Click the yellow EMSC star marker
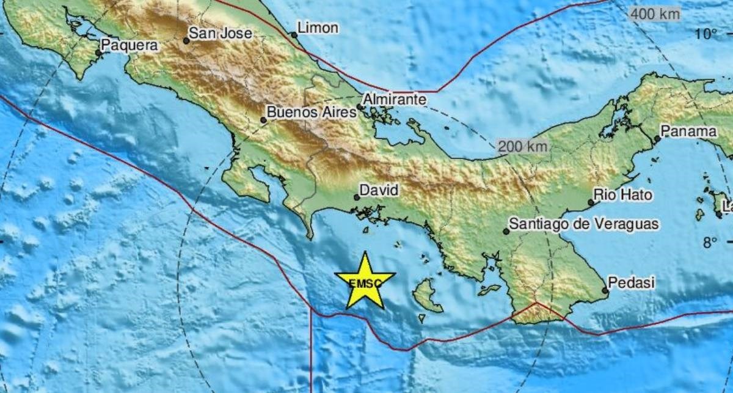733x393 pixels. tap(365, 282)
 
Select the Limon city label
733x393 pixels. tap(318, 28)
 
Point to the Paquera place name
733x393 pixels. tap(129, 45)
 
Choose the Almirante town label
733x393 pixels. tap(394, 98)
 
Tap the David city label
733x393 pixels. tap(379, 190)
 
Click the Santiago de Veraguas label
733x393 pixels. tap(585, 224)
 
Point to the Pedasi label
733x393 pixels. tap(632, 282)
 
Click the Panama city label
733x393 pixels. tap(689, 131)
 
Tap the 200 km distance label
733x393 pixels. tap(523, 147)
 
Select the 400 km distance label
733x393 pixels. tap(655, 14)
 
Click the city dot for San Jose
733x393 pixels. tap(186, 41)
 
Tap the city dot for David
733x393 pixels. tap(357, 197)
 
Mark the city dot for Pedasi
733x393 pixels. tap(605, 290)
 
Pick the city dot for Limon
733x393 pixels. tap(294, 35)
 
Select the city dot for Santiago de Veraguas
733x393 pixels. tap(506, 232)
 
